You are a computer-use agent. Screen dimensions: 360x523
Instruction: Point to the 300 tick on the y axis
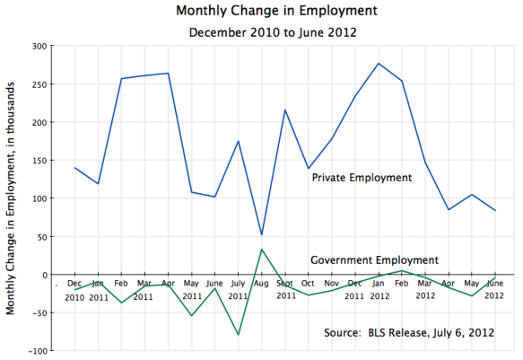point(38,46)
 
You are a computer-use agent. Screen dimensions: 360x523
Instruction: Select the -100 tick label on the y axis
point(35,351)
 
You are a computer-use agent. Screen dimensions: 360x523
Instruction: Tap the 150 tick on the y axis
point(38,161)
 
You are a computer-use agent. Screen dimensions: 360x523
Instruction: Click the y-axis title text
point(12,198)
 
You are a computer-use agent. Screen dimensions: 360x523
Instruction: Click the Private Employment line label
point(362,178)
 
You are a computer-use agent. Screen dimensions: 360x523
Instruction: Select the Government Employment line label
point(374,260)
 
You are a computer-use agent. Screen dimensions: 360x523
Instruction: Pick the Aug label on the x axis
point(261,284)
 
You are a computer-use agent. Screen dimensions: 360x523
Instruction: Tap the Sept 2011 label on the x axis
point(285,289)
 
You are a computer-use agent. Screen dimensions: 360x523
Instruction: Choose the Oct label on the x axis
point(308,284)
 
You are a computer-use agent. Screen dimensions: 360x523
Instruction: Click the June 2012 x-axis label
point(494,289)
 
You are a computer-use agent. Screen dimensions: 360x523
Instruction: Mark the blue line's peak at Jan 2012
point(378,63)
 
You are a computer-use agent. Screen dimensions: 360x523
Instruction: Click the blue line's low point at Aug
point(261,235)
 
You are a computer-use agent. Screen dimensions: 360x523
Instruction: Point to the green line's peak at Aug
point(261,250)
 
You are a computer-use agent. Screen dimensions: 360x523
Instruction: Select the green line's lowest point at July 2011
point(239,335)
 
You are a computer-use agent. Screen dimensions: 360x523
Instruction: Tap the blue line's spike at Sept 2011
point(284,110)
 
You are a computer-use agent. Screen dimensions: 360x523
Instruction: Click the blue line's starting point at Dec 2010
point(75,168)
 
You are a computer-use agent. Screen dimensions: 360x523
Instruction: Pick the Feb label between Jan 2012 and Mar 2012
point(401,284)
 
